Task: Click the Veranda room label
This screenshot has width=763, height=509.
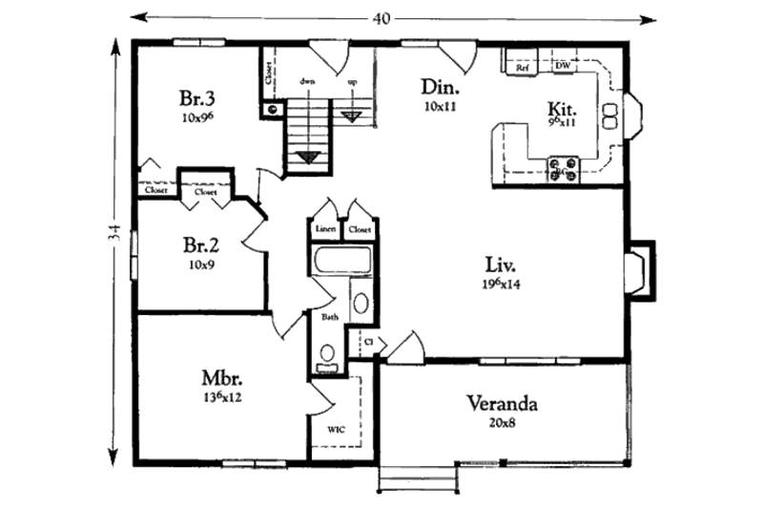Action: coord(502,403)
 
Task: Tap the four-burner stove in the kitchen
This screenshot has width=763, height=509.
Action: coord(563,168)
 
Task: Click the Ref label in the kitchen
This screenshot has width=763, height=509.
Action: coord(523,68)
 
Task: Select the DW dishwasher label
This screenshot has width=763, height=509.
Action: coord(563,67)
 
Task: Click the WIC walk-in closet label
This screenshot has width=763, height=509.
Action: coord(337,430)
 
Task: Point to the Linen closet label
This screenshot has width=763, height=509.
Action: coord(325,230)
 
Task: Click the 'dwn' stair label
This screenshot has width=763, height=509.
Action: coord(308,82)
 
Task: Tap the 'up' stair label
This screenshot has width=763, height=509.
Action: coord(352,82)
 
